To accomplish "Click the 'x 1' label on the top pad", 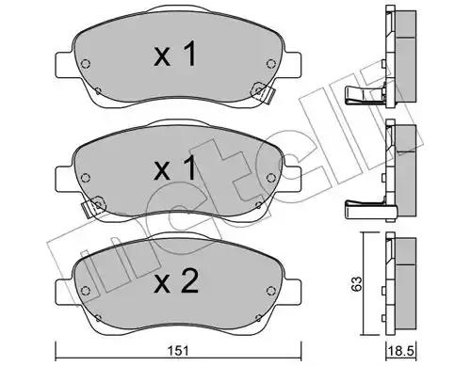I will (174, 56).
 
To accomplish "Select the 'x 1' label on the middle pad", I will (175, 169).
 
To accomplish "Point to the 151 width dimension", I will (176, 350).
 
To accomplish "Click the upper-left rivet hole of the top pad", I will (86, 66).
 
